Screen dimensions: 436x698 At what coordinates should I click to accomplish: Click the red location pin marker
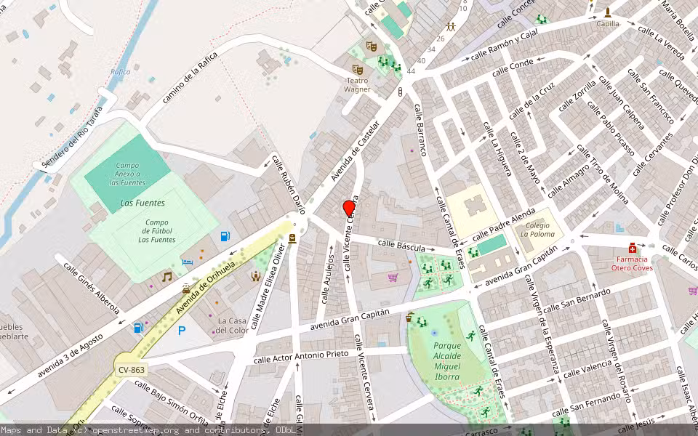click(349, 209)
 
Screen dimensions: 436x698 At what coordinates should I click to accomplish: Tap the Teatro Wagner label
click(357, 85)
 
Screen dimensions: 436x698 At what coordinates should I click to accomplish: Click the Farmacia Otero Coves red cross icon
click(633, 248)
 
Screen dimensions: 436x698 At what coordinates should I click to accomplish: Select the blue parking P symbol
click(182, 331)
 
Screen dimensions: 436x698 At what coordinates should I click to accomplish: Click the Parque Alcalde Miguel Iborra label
click(446, 357)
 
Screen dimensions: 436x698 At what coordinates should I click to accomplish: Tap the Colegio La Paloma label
click(537, 230)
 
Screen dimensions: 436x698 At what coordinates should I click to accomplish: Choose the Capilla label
click(608, 23)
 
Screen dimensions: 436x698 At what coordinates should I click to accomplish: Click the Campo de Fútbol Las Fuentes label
click(157, 231)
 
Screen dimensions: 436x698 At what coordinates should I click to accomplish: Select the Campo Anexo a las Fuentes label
click(127, 174)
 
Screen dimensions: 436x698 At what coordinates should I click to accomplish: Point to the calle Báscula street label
click(401, 246)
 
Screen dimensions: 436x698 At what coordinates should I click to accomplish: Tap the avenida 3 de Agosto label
click(71, 356)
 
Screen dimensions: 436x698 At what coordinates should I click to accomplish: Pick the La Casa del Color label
click(233, 326)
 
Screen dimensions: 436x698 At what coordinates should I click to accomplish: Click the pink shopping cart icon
click(393, 277)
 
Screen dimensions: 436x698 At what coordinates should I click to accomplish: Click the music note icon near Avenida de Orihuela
click(167, 277)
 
